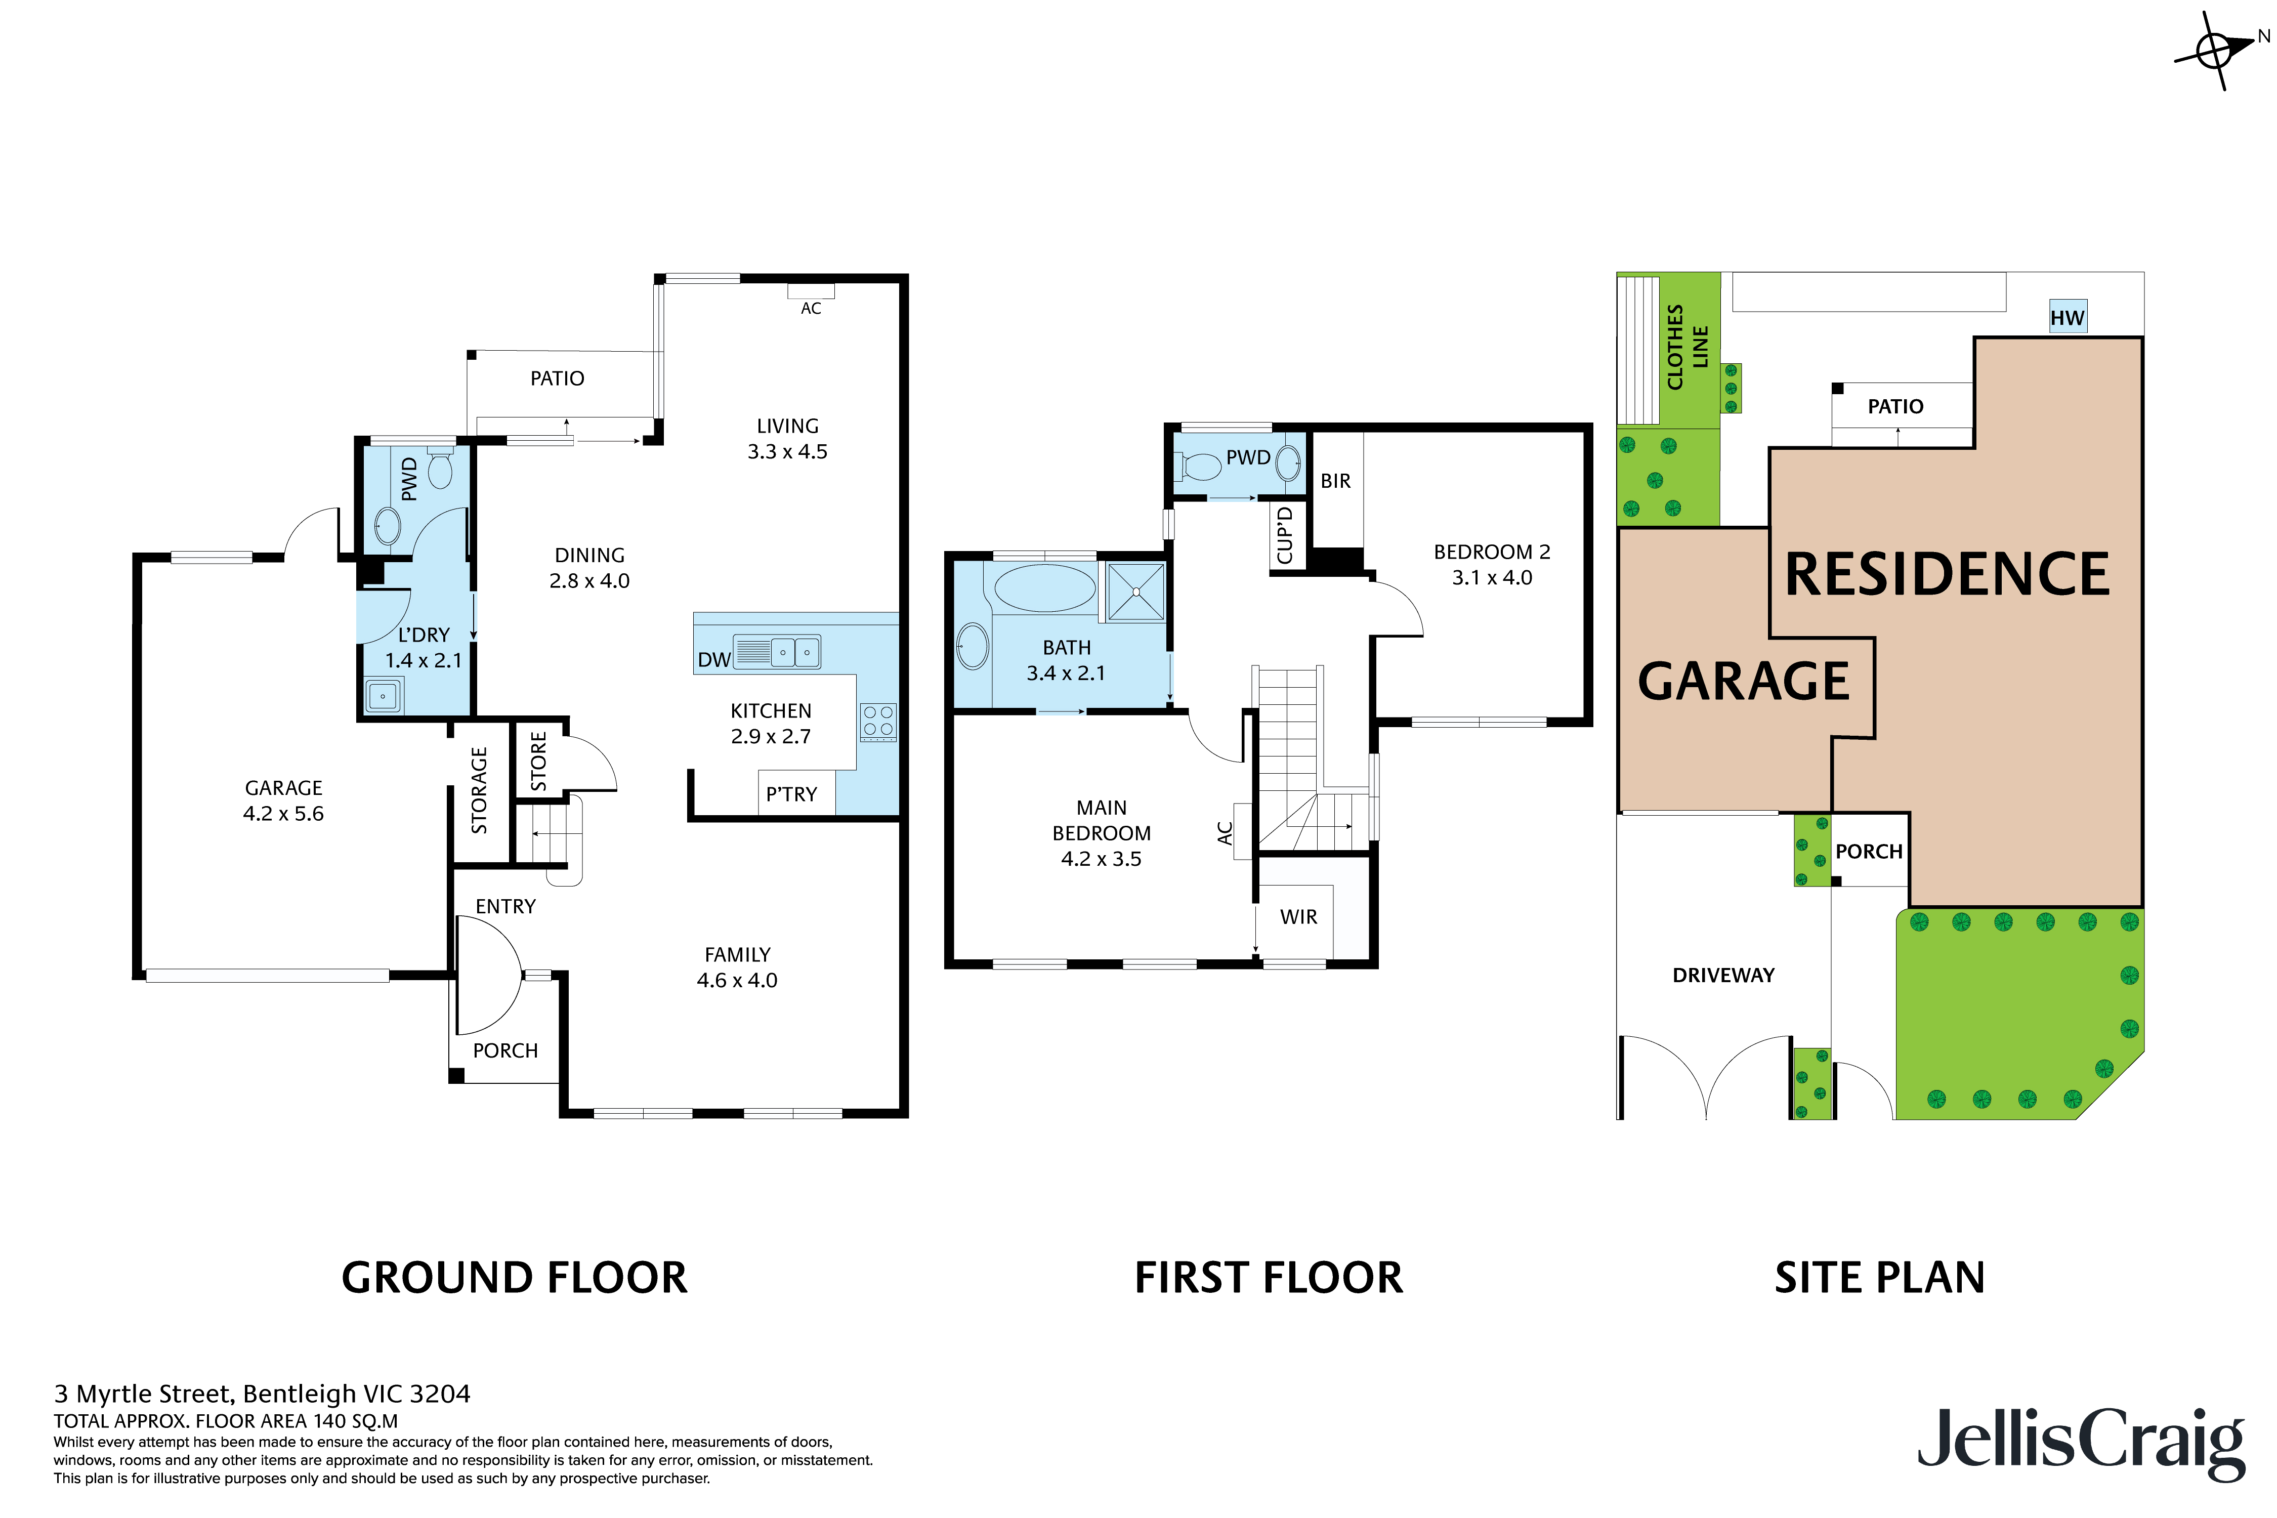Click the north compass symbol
click(x=2215, y=50)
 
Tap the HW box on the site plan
click(x=2067, y=317)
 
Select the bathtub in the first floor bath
click(x=1044, y=587)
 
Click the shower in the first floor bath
click(x=1135, y=591)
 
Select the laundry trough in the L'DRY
click(x=384, y=695)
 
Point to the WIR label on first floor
click(x=1298, y=917)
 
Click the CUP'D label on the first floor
click(x=1285, y=534)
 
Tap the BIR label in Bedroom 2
click(x=1335, y=481)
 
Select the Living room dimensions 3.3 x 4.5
click(x=787, y=452)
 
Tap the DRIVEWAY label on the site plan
click(x=1723, y=975)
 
